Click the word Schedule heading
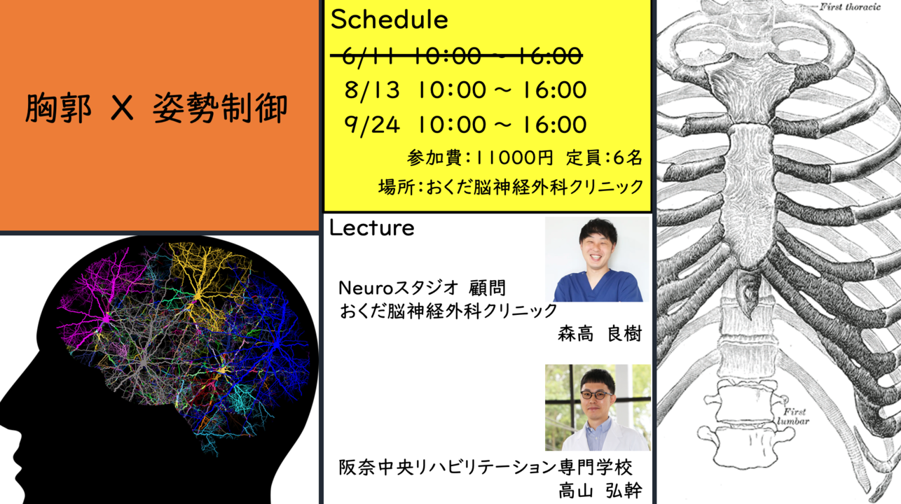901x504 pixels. point(389,20)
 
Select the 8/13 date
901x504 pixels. point(372,90)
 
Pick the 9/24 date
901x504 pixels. point(372,125)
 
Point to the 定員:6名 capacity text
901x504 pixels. point(604,157)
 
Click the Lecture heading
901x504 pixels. point(371,228)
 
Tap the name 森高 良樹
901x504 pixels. point(599,334)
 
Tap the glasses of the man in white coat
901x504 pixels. point(596,395)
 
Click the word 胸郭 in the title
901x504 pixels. point(58,108)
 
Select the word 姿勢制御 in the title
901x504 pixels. point(220,108)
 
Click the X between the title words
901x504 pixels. point(122,108)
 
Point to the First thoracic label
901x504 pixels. point(851,7)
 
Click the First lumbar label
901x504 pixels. point(793,416)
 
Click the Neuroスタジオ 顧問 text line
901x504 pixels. point(422,288)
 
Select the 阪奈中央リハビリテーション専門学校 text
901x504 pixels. point(486,467)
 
